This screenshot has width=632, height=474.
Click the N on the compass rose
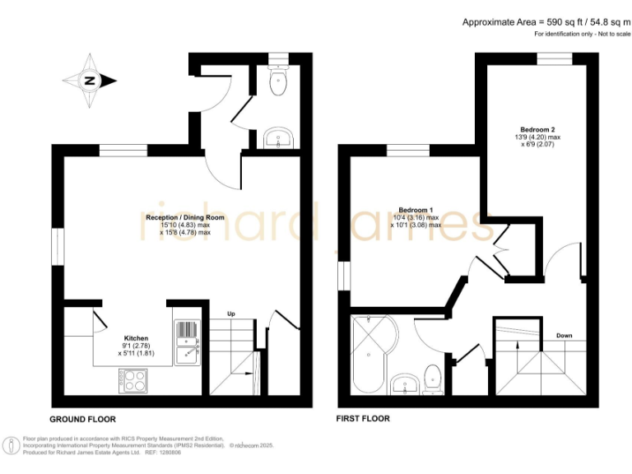(90, 81)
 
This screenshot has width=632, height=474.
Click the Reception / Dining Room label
(185, 217)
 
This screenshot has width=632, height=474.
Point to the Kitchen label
(136, 338)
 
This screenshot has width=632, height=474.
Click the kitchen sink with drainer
(187, 342)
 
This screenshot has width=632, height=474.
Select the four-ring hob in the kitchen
(134, 380)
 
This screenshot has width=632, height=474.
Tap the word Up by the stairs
(231, 314)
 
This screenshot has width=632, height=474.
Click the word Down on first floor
(565, 336)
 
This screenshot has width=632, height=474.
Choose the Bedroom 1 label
(416, 210)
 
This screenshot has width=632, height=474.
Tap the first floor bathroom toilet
(434, 379)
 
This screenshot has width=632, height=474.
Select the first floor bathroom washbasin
(403, 383)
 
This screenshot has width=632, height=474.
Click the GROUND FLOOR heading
(83, 418)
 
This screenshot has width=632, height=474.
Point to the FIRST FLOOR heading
(362, 418)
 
